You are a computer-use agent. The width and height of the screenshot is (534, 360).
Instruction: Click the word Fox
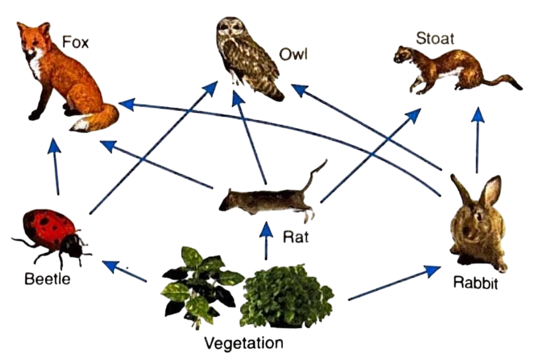point(77,42)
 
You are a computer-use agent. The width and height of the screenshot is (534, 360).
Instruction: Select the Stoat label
point(435,39)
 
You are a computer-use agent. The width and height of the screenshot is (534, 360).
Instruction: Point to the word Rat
point(295,237)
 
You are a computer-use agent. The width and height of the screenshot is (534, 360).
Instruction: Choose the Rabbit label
point(475,285)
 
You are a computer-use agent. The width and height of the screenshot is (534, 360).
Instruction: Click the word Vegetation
point(243,343)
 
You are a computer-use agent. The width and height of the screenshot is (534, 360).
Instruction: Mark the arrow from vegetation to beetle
point(125,271)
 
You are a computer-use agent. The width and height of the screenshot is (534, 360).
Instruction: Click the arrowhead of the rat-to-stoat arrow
point(414,114)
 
